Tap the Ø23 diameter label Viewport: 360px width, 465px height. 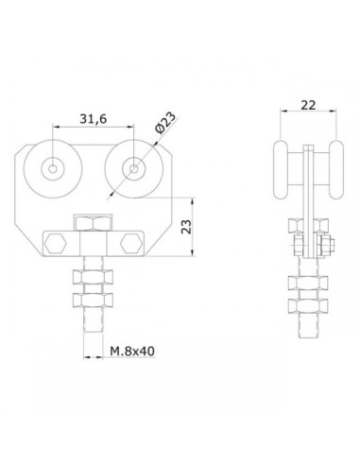[165, 123]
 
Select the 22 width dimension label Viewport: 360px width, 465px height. [308, 105]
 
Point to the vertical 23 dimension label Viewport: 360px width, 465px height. [186, 226]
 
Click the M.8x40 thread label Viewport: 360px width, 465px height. [132, 351]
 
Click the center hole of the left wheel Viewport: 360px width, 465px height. [53, 169]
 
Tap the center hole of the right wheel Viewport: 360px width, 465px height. [134, 169]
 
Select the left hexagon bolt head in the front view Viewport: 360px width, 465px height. [56, 244]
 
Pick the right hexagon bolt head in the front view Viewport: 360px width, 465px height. [131, 244]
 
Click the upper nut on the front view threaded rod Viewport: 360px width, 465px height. [93, 276]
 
